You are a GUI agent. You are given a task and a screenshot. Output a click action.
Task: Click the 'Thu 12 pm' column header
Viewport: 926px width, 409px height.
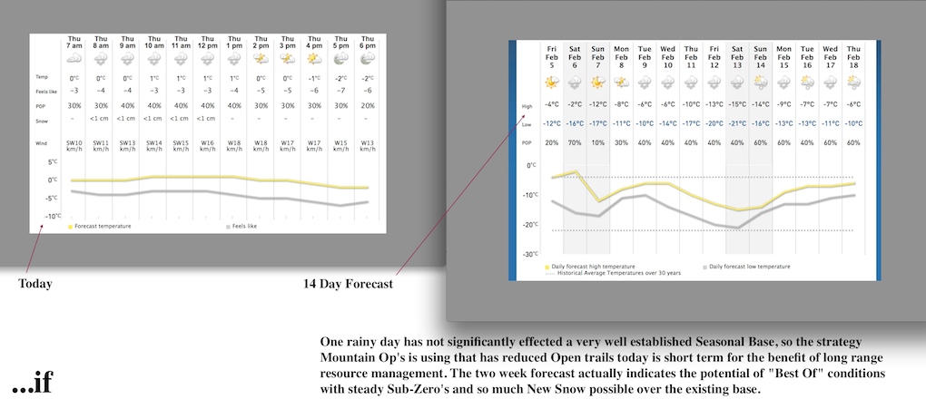208,41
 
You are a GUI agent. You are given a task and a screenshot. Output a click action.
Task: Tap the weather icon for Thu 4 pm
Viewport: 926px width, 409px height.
314,58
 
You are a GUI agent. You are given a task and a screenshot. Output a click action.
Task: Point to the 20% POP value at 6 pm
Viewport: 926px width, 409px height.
367,105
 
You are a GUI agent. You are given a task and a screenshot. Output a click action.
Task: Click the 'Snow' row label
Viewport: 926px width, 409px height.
44,120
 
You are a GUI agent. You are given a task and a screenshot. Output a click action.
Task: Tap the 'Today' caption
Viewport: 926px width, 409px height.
35,284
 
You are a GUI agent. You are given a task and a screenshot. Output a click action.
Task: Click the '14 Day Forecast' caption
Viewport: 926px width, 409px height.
348,284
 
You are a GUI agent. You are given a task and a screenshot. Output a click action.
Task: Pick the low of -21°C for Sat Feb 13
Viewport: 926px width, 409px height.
737,123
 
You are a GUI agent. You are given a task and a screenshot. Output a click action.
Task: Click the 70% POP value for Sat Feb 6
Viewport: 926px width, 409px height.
576,143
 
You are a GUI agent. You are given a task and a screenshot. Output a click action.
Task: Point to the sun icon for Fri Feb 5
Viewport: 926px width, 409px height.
552,83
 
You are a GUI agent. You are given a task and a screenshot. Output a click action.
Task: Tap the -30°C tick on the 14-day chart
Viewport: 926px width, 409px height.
529,254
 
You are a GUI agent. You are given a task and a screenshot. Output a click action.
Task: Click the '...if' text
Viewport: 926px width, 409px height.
32,385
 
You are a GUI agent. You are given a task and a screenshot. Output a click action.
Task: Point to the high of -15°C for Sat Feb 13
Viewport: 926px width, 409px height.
737,105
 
